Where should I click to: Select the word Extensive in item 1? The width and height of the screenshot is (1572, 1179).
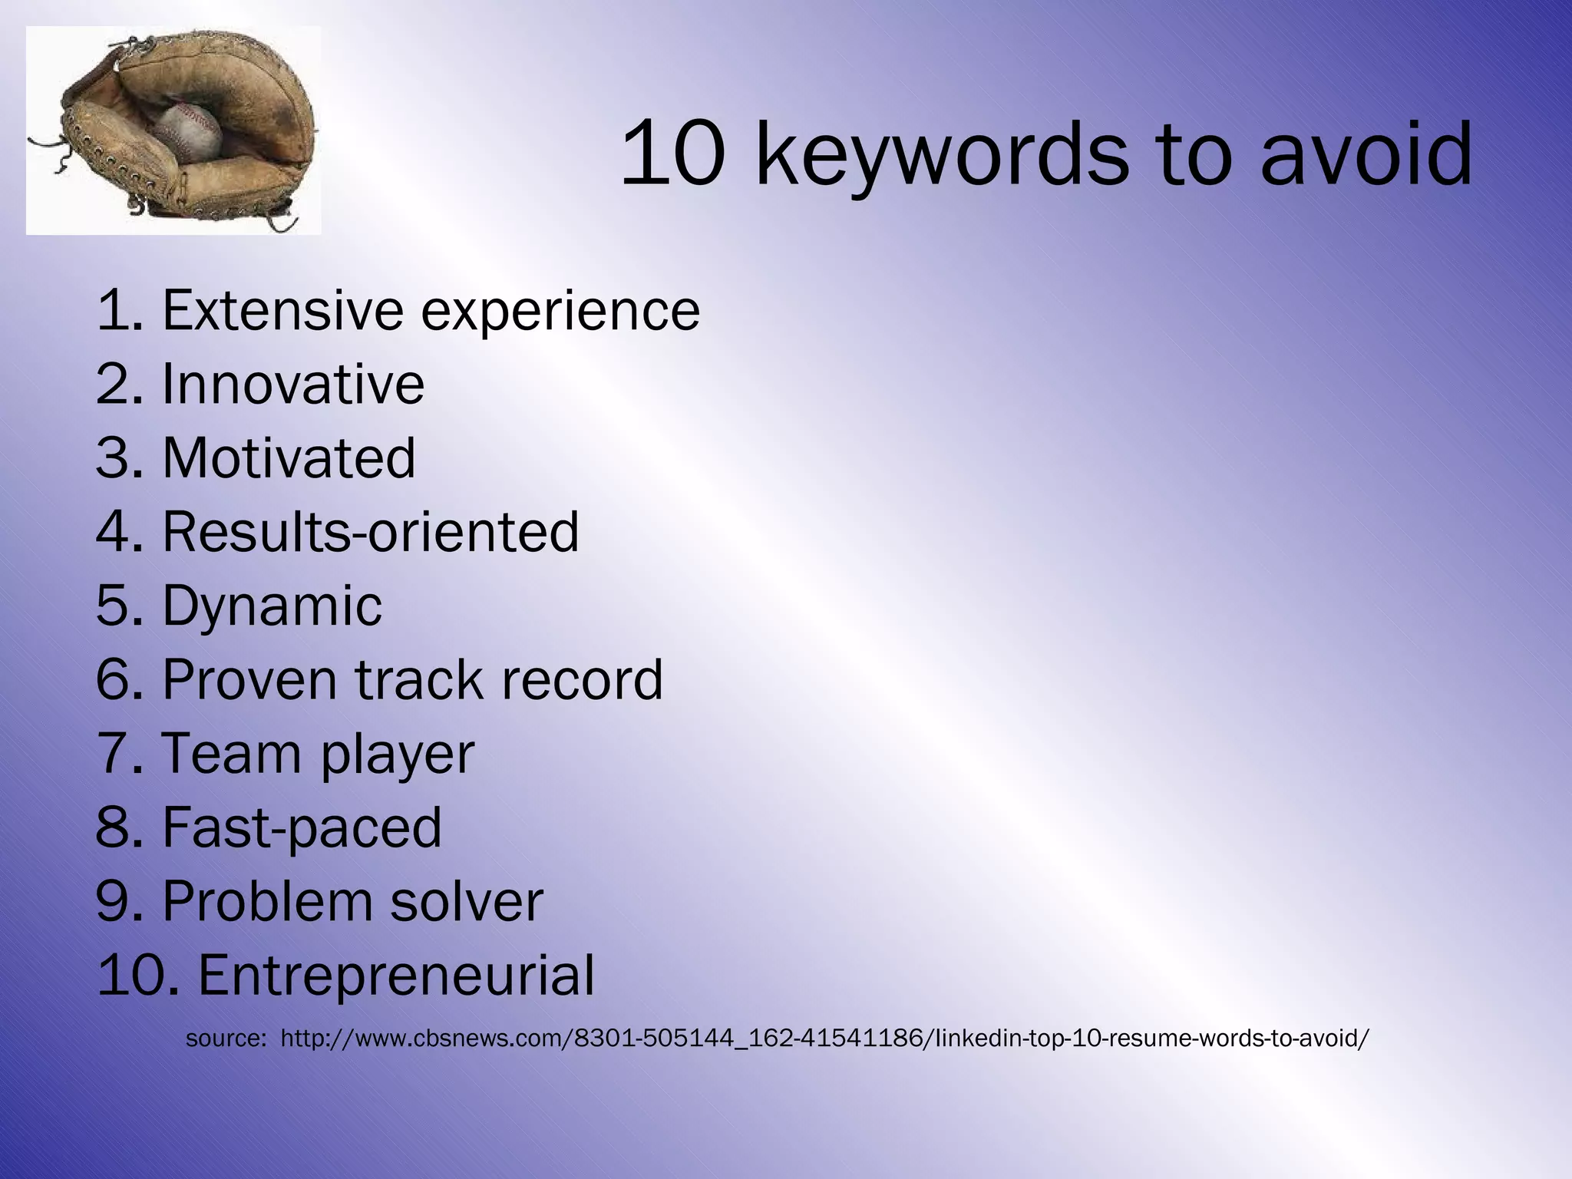[282, 310]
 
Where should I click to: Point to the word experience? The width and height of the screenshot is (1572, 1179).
[560, 312]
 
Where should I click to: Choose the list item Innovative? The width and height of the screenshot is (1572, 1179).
[292, 384]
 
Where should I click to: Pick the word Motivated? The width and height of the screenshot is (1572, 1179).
[289, 457]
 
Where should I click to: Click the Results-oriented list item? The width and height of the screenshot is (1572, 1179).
[371, 531]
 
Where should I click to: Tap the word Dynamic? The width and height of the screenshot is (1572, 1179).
[272, 606]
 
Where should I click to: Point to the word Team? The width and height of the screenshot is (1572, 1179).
[231, 753]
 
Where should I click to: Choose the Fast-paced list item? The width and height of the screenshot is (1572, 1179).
[302, 827]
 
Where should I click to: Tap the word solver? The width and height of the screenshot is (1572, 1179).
[467, 901]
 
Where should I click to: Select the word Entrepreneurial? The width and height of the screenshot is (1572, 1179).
[396, 976]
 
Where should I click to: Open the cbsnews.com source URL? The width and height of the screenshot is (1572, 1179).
[824, 1039]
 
